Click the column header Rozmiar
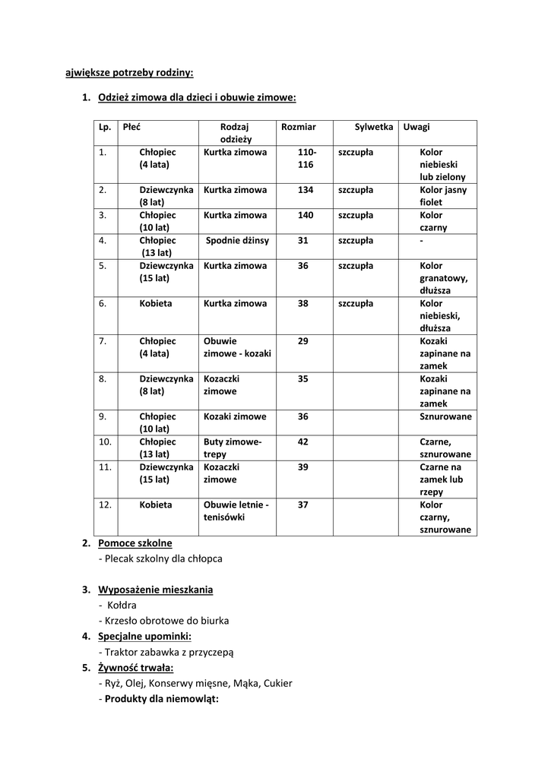pyautogui.click(x=298, y=127)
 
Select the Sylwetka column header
pyautogui.click(x=373, y=127)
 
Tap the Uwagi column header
pyautogui.click(x=416, y=127)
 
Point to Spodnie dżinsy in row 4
pyautogui.click(x=237, y=241)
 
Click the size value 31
pyautogui.click(x=302, y=241)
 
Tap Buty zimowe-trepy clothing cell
pyautogui.click(x=233, y=448)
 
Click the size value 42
pyautogui.click(x=302, y=441)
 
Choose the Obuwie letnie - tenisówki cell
pyautogui.click(x=236, y=511)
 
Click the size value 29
pyautogui.click(x=302, y=341)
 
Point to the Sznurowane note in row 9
pyautogui.click(x=445, y=416)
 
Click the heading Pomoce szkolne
pyautogui.click(x=135, y=543)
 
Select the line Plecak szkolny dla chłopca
pyautogui.click(x=160, y=558)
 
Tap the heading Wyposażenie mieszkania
pyautogui.click(x=155, y=590)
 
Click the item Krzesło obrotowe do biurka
pyautogui.click(x=163, y=620)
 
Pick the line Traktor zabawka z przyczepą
pyautogui.click(x=166, y=651)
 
